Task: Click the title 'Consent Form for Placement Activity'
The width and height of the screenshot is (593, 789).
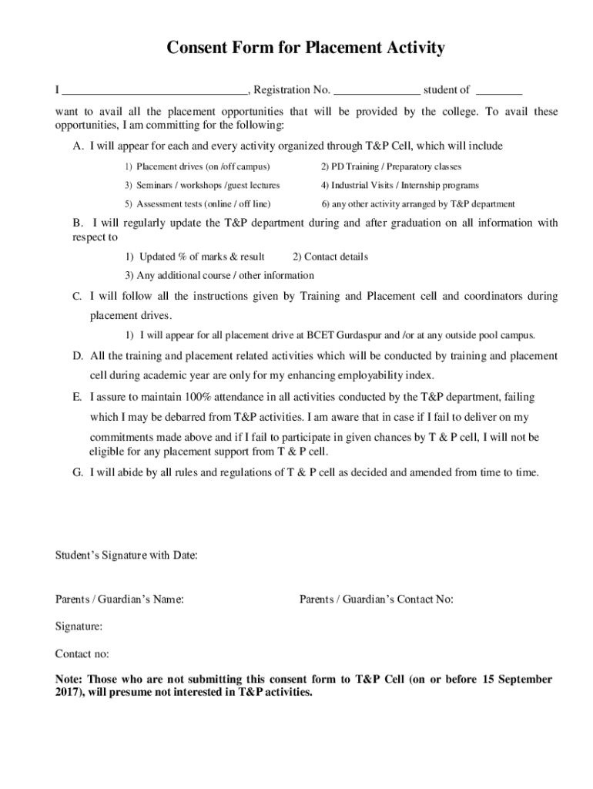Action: point(306,49)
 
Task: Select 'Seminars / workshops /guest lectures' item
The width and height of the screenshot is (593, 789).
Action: point(203,186)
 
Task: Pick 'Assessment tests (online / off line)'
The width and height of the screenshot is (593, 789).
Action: point(198,204)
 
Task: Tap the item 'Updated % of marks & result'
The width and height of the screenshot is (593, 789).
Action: point(195,257)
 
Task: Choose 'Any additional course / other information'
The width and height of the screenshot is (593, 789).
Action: point(219,275)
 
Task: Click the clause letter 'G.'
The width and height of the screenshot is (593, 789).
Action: point(78,472)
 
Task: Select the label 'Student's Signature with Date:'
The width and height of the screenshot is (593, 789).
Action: point(126,555)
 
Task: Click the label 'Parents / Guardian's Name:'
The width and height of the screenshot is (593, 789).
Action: point(119,599)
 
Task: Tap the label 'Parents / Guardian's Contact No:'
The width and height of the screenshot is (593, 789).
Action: point(376,599)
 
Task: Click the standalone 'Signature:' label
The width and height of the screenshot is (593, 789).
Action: point(79,626)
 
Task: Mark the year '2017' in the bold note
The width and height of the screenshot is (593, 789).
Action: point(67,693)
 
